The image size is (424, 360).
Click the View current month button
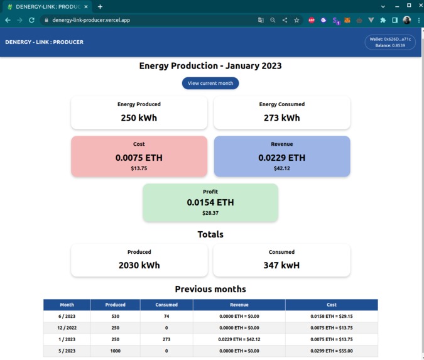(210, 83)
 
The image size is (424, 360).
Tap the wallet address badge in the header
(390, 42)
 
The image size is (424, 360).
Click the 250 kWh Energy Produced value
(139, 117)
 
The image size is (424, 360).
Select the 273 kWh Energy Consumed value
(281, 117)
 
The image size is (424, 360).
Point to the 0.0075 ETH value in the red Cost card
(139, 158)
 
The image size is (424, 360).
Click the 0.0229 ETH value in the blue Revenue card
(281, 158)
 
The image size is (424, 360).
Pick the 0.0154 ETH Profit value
(210, 202)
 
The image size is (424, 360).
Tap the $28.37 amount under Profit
(210, 213)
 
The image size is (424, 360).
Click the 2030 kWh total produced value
(139, 265)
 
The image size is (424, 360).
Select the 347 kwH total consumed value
(281, 265)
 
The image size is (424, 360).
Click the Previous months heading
(210, 289)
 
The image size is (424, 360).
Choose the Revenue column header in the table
(239, 305)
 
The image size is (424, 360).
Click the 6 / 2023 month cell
(67, 316)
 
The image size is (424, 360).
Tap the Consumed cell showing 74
(166, 316)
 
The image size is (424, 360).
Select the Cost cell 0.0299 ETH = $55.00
(332, 351)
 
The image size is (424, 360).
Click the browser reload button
(31, 20)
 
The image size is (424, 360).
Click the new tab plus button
(100, 6)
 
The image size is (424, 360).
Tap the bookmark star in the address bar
(296, 20)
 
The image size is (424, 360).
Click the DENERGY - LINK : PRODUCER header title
(44, 42)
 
